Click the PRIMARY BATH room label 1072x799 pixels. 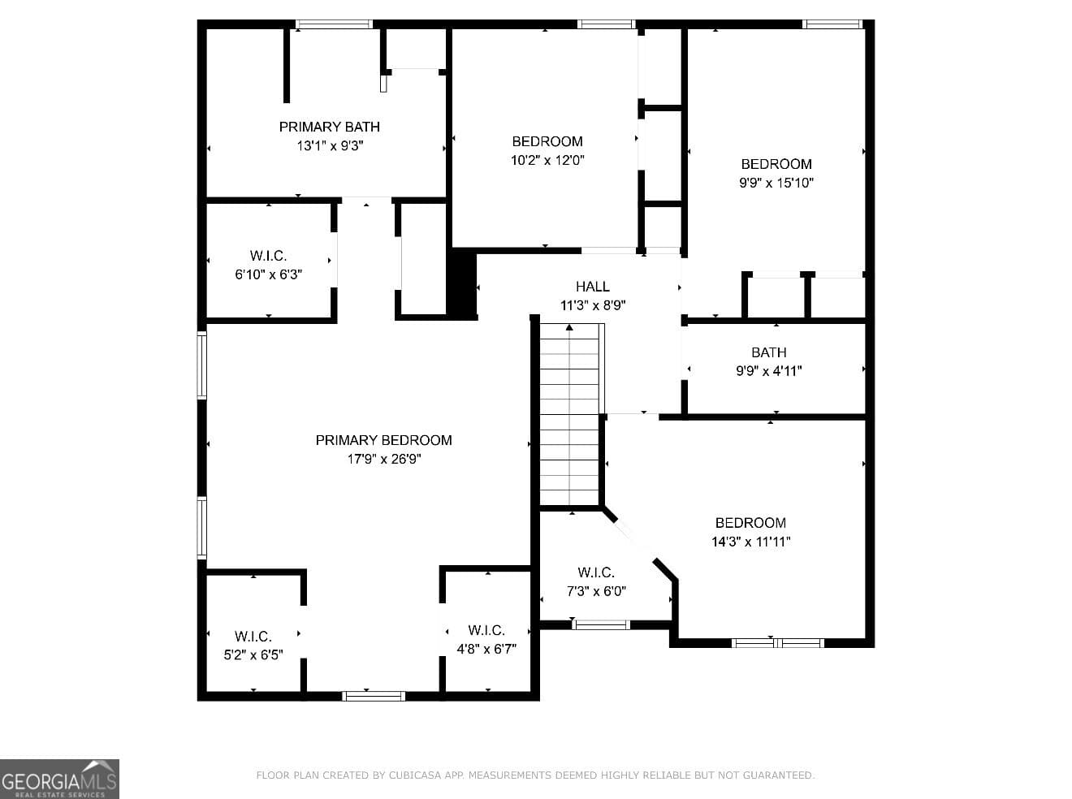(329, 127)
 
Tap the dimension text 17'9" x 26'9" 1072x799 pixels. (384, 459)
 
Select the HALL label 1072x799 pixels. (592, 287)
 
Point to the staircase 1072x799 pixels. (569, 415)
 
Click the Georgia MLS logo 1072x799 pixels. (59, 779)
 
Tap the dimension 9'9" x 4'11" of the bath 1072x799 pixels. (769, 371)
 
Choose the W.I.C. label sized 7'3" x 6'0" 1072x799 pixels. (596, 572)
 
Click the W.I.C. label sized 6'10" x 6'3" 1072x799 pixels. (268, 256)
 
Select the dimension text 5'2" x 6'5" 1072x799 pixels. (253, 654)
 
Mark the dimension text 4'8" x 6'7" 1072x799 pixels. (486, 649)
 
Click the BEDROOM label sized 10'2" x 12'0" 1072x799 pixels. (547, 141)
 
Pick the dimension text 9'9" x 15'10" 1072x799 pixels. (776, 183)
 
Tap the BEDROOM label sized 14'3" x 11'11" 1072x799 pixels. (750, 523)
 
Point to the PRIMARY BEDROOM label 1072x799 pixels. (383, 440)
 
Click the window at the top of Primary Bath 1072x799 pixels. (335, 24)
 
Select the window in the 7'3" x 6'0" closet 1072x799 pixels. (601, 624)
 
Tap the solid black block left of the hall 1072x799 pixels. (461, 284)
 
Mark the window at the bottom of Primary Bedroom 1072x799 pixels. (374, 696)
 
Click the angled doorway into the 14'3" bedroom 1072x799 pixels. (635, 540)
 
